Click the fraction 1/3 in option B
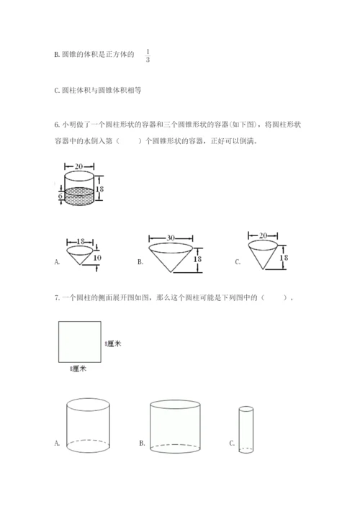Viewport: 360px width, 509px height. (148, 55)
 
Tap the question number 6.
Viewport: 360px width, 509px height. (57, 125)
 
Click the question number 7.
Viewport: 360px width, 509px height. (57, 297)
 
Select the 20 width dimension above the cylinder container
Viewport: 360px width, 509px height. (79, 166)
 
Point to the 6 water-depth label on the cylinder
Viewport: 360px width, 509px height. (60, 196)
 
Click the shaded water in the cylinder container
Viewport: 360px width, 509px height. (79, 196)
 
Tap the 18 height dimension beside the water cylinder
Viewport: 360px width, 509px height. (99, 189)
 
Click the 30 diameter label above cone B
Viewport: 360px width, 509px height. (171, 238)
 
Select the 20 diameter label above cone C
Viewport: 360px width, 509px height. (264, 235)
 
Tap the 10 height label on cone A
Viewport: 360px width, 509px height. (97, 258)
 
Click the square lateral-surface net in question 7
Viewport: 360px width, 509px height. (79, 342)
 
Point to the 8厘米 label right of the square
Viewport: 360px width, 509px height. (113, 343)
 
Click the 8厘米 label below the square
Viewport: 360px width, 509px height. (78, 369)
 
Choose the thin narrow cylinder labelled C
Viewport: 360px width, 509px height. (246, 429)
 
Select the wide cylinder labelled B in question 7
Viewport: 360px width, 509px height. (175, 426)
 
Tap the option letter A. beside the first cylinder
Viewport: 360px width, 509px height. (57, 443)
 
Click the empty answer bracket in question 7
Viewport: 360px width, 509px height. (274, 297)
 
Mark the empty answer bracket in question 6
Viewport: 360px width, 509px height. (129, 141)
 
